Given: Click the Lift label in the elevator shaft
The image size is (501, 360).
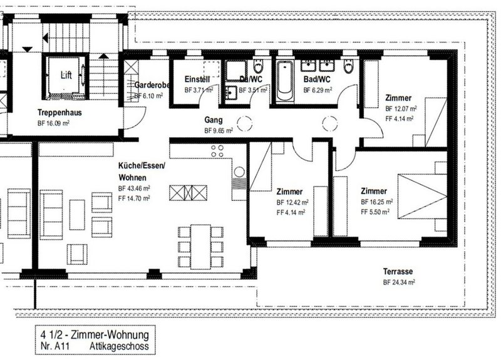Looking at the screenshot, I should coord(66,75).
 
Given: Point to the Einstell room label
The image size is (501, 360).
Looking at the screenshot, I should coord(198,80).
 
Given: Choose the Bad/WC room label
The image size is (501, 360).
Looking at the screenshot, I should coord(316,80).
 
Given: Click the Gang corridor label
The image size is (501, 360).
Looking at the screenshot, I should coord(214,119).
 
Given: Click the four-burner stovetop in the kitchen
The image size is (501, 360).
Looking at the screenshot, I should coord(219,150).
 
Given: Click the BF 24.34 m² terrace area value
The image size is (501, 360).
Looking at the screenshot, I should coord(399,283).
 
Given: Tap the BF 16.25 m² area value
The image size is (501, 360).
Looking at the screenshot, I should coord(377,202).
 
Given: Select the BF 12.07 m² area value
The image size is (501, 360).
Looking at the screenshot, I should coord(401,108).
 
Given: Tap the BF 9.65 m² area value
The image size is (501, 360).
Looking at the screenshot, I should coord(219,131).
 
